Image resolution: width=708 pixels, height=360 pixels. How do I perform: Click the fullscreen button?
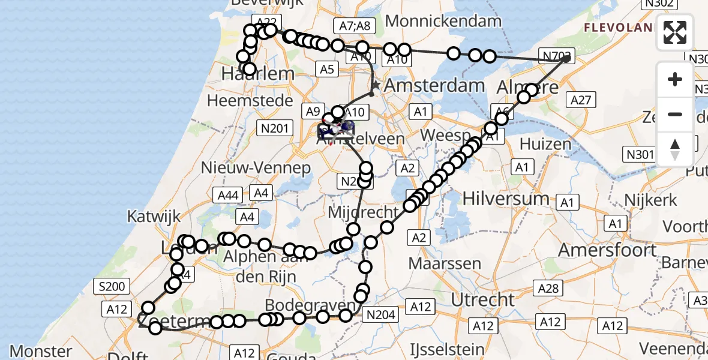[675, 32]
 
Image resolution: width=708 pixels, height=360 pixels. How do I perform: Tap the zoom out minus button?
[675, 114]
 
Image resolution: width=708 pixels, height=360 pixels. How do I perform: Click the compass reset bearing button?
[675, 149]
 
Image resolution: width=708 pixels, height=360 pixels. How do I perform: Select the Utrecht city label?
[483, 299]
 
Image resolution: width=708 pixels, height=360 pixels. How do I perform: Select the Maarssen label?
[445, 263]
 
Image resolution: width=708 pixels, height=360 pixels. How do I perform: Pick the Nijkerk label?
[650, 199]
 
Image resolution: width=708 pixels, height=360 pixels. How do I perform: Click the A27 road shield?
[581, 100]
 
